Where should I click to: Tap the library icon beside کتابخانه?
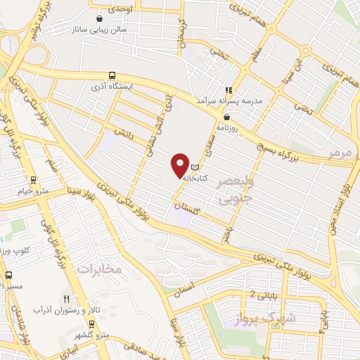pos(195,167)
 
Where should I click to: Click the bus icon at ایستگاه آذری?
pos(112,76)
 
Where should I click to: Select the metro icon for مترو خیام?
pos(33,180)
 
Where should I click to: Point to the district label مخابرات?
pos(99,269)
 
